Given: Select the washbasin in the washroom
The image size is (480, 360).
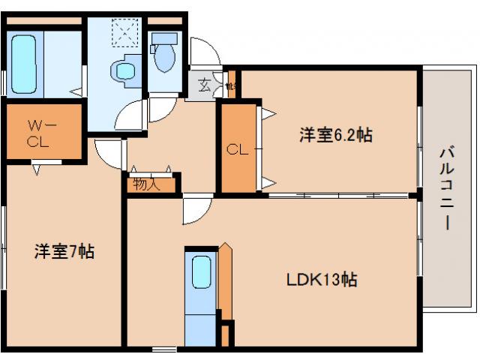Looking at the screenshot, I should pos(121,70).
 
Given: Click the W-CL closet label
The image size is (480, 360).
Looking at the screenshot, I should pos(38,134).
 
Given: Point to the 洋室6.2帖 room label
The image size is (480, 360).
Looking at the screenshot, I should pos(336,136).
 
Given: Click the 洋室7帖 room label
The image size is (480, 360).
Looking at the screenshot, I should pos(64,252).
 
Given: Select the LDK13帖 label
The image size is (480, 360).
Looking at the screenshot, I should pos(320,280).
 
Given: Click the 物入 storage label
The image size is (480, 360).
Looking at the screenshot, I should pos(146,184).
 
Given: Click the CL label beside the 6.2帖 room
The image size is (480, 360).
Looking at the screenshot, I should pos(237,149).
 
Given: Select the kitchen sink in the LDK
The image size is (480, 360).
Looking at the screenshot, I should pos(200,271).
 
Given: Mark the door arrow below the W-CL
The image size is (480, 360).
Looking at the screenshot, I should pos(35,170).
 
